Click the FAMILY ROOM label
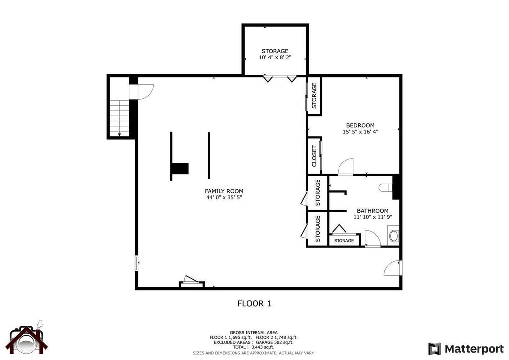(x=224, y=191)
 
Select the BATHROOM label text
(x=373, y=211)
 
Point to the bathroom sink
(x=394, y=235)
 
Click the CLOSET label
(x=314, y=156)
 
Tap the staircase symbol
(x=119, y=118)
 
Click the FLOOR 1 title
(x=254, y=303)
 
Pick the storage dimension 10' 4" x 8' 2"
(x=275, y=58)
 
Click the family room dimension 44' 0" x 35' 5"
(x=224, y=198)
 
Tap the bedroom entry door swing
(x=345, y=167)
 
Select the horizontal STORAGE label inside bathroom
(x=343, y=241)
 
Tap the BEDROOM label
(x=360, y=125)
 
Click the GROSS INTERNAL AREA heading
(x=254, y=332)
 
